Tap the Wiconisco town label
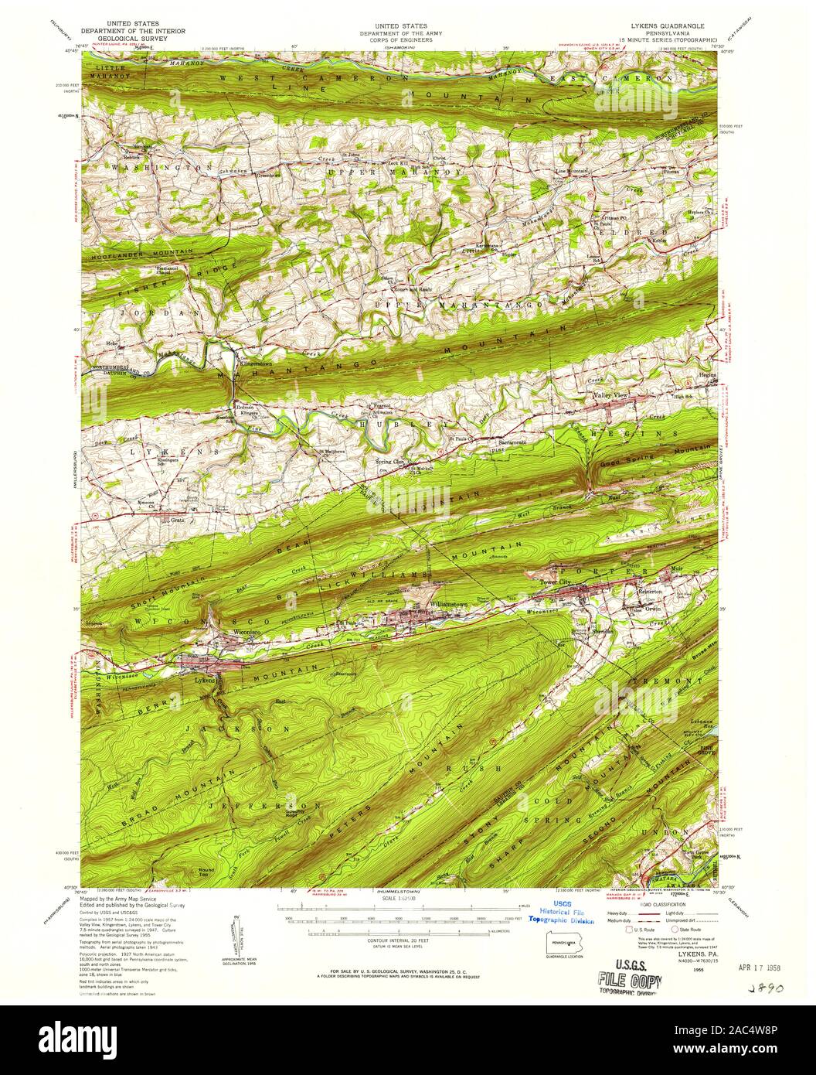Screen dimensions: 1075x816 pyautogui.click(x=245, y=632)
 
